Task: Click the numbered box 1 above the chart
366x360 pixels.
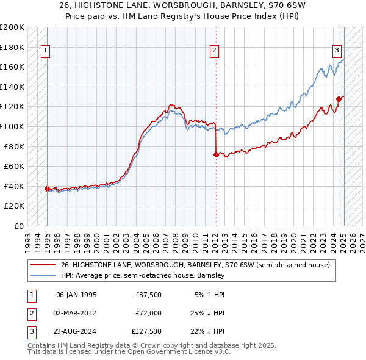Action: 46,51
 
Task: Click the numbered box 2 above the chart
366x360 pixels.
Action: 215,51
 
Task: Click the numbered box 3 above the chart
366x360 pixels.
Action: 337,51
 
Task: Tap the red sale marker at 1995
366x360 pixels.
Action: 47,189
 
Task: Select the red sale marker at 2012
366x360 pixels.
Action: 215,154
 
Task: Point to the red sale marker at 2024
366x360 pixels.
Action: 339,99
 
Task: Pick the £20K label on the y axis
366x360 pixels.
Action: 15,206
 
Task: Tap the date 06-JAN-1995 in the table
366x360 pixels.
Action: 76,295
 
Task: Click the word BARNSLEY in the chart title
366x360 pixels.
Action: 220,6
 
